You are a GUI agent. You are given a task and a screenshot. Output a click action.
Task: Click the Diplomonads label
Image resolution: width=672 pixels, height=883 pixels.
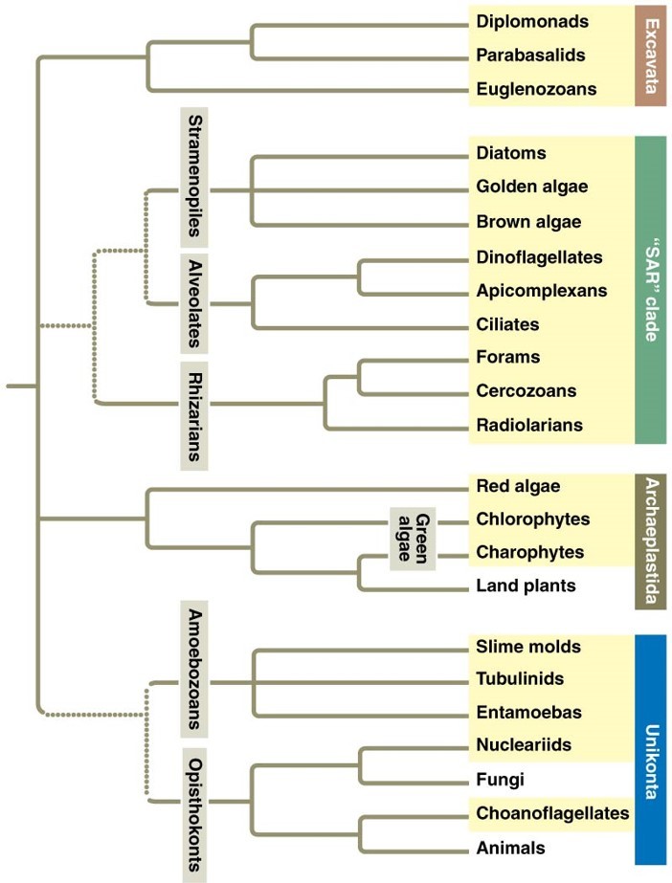[x=531, y=21]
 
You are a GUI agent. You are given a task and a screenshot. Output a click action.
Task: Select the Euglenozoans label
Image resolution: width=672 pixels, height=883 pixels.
[x=536, y=90]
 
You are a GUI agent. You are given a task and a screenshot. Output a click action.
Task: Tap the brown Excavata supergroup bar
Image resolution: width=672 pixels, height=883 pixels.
[x=651, y=55]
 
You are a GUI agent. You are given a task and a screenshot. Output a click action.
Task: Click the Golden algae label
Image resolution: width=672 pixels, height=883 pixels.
[x=531, y=187]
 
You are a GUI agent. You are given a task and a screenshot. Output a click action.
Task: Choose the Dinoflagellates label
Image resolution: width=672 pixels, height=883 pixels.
[x=539, y=257]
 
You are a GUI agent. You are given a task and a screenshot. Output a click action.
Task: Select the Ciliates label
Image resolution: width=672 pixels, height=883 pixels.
[x=507, y=324]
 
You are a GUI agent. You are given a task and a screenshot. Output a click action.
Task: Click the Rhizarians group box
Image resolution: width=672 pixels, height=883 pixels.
[x=195, y=415]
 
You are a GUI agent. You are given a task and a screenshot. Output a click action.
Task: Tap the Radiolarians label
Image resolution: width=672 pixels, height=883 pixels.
[x=529, y=425]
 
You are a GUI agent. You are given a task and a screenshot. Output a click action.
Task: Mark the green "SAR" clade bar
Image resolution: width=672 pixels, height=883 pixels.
[x=651, y=289]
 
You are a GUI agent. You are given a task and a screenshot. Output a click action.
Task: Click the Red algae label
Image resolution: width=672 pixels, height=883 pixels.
[x=518, y=487]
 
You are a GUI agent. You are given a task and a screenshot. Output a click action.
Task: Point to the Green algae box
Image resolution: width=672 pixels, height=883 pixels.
[x=413, y=538]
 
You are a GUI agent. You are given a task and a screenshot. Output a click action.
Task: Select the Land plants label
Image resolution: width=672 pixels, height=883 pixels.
[x=526, y=585]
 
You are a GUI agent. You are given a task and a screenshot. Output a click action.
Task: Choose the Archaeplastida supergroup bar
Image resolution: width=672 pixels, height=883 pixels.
[x=651, y=541]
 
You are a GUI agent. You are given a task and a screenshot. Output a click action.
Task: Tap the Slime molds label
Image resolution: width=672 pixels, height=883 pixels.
[x=526, y=647]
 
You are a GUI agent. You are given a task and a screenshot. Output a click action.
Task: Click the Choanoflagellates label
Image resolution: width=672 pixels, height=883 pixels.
[x=552, y=813]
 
